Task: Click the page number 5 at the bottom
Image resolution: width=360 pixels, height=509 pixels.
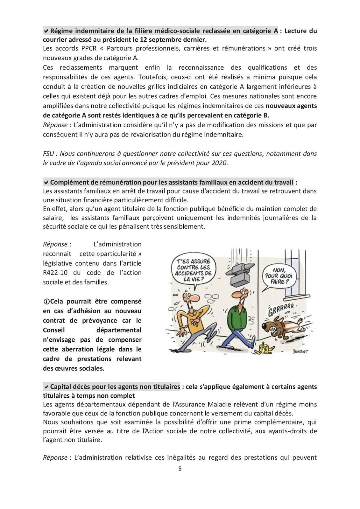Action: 180,469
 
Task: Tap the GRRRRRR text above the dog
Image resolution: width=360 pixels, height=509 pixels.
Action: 280,309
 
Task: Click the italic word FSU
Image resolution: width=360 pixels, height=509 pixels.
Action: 49,154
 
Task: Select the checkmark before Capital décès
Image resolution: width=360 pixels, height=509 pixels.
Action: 46,387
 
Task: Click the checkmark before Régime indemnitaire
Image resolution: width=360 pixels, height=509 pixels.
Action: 46,31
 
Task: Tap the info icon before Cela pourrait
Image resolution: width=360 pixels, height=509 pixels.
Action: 46,302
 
